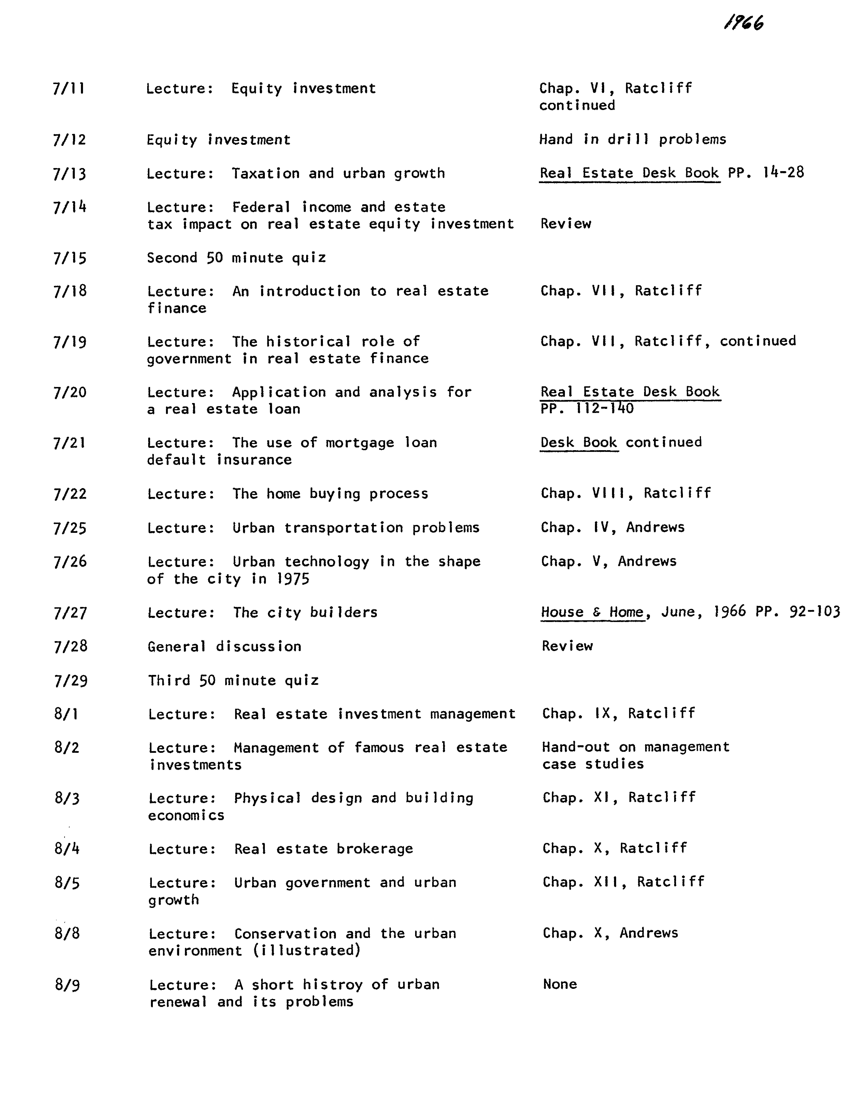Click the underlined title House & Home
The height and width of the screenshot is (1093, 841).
coord(592,612)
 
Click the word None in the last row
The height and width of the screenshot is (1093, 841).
coord(560,984)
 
